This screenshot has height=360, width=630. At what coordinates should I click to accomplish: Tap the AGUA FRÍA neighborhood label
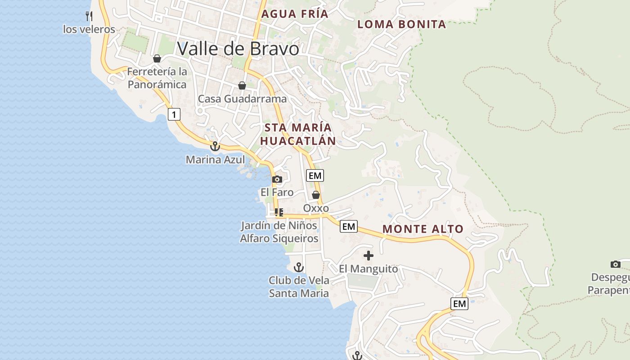[295, 14]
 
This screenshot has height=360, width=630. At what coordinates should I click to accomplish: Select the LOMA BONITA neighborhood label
[401, 24]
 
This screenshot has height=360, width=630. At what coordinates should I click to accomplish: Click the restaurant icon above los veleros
[89, 17]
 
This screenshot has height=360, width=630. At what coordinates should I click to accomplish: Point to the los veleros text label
[89, 30]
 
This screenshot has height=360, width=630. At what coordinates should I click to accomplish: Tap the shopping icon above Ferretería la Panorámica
[157, 58]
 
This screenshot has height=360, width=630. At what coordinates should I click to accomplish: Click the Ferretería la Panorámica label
[157, 78]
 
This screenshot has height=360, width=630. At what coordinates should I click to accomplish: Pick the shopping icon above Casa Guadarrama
[242, 85]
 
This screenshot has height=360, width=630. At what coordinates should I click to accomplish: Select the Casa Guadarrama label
[242, 99]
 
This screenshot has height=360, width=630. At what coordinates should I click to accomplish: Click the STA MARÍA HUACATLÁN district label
[298, 134]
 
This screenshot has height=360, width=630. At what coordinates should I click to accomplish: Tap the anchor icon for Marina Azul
[215, 146]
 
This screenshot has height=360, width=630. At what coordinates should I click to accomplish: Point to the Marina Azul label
[215, 160]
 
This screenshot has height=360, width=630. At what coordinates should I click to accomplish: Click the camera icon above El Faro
[277, 180]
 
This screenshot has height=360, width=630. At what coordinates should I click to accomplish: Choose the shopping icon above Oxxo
[316, 195]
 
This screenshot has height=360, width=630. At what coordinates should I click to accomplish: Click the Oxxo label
[316, 208]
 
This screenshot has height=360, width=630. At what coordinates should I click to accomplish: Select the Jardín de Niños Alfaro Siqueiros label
[279, 232]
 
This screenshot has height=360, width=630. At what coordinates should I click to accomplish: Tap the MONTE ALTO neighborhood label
[423, 229]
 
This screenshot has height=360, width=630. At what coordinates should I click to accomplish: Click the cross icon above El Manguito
[369, 256]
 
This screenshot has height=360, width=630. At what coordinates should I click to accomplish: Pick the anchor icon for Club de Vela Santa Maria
[299, 267]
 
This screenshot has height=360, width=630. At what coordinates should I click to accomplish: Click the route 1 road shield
[174, 114]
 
